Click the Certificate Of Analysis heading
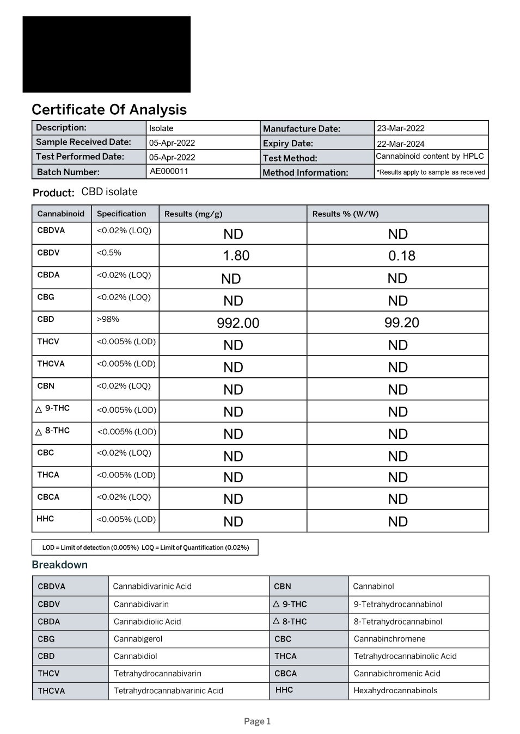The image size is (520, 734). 109,110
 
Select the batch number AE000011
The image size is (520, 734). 169,171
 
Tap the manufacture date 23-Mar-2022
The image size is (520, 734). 401,128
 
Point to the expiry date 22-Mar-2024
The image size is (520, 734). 401,144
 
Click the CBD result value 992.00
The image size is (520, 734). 238,323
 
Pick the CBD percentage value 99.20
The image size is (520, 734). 402,322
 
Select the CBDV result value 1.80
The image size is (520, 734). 236,256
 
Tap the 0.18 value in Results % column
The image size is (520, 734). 402,256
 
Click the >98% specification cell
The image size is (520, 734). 108,319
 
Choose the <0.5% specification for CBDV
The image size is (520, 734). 109,253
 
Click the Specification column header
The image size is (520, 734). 121,214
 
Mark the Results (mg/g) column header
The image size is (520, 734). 193,214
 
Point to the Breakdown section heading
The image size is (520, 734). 59,564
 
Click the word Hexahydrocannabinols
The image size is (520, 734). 395,691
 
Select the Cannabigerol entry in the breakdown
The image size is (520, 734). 138,639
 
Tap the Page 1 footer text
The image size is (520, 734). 257,721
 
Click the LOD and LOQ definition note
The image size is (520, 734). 145,548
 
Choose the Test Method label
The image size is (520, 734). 290,158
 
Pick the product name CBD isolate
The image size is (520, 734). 109,192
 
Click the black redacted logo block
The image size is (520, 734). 107,54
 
